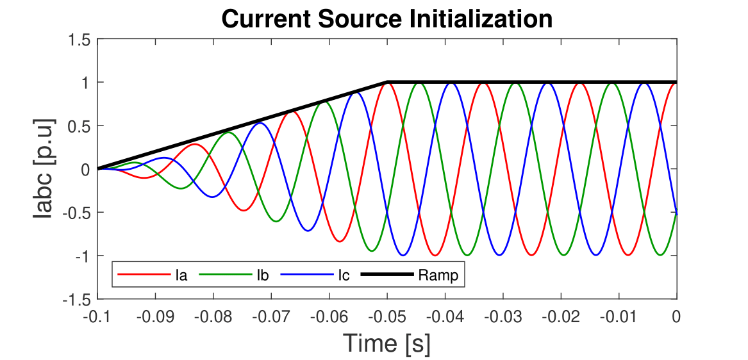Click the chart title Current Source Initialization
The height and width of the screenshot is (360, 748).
click(x=386, y=19)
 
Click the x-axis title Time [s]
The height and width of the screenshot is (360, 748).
click(x=386, y=343)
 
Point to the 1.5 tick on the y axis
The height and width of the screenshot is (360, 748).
click(x=82, y=39)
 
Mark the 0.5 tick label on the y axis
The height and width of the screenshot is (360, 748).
click(x=82, y=126)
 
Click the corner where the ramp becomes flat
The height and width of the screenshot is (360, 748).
click(x=387, y=82)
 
